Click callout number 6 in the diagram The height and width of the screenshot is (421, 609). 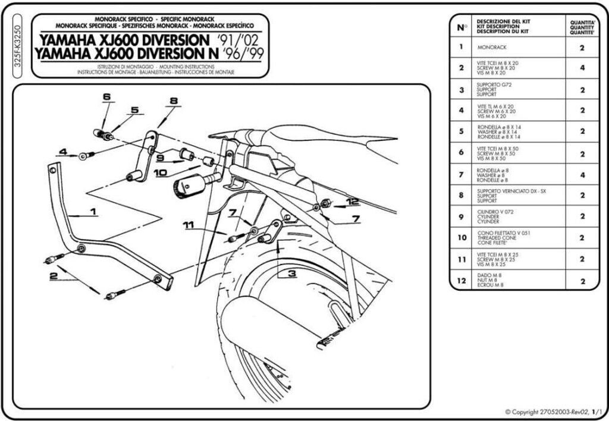[106, 96]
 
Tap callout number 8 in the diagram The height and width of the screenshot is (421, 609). [174, 101]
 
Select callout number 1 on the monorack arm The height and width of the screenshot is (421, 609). [93, 211]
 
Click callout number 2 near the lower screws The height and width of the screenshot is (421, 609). [53, 275]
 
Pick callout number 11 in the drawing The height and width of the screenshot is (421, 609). [189, 225]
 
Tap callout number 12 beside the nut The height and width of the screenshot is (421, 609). [352, 202]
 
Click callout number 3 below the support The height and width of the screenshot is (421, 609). [292, 274]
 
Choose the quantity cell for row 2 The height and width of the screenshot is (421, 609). [582, 68]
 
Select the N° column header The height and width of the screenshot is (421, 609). [462, 27]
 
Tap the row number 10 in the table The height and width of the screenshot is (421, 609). [461, 238]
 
